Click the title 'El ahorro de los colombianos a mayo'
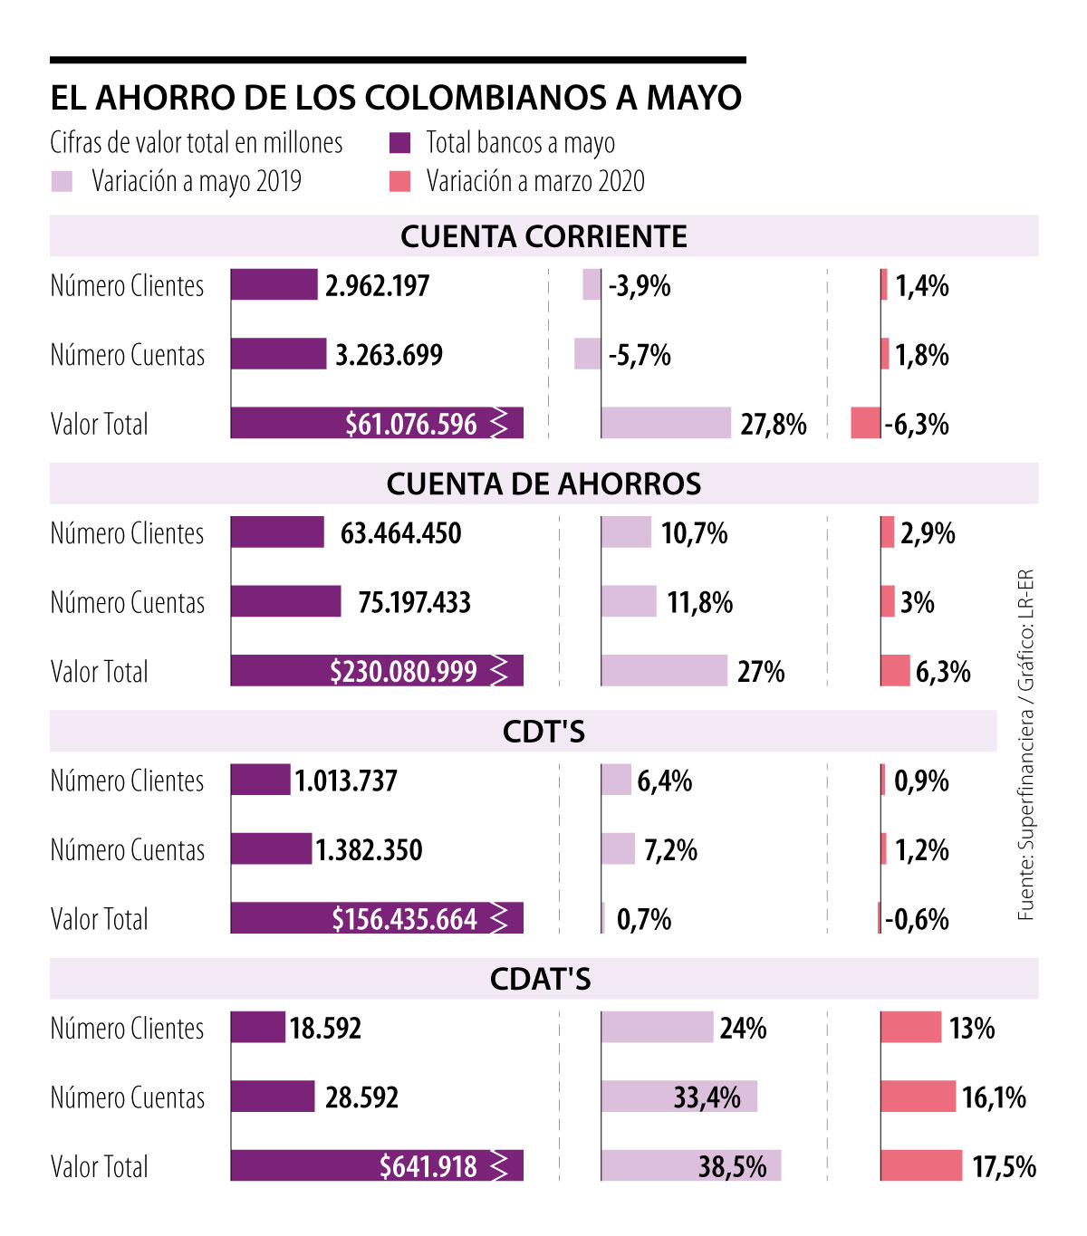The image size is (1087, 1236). click(396, 98)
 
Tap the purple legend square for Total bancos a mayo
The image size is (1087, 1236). click(399, 143)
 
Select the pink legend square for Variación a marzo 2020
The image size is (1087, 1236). click(399, 181)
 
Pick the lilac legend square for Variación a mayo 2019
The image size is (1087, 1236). click(62, 181)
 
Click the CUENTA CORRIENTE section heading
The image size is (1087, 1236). click(543, 236)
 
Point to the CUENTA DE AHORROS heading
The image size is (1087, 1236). click(543, 484)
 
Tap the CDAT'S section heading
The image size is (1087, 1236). click(540, 979)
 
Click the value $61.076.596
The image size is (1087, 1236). click(411, 424)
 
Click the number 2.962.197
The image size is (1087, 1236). click(377, 286)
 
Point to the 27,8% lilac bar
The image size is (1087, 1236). click(665, 423)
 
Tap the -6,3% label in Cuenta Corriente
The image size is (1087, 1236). click(917, 424)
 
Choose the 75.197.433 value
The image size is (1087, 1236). click(414, 602)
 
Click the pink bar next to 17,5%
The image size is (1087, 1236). click(920, 1165)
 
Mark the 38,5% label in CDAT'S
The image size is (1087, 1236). click(732, 1166)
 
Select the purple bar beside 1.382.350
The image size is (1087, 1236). click(271, 849)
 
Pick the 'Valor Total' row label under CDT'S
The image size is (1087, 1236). click(100, 919)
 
